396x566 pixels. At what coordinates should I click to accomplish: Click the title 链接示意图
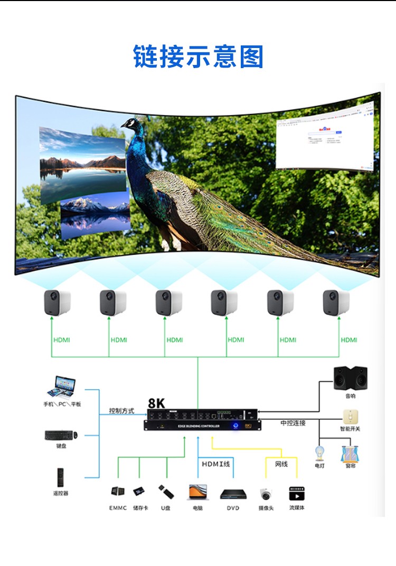198,57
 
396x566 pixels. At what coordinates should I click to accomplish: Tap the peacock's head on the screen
131,125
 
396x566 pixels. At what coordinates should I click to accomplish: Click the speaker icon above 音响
351,379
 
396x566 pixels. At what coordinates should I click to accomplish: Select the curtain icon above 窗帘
349,454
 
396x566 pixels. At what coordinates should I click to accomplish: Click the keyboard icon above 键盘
61,435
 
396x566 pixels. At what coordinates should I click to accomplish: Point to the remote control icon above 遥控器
61,477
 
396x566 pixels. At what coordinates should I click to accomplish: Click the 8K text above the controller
157,402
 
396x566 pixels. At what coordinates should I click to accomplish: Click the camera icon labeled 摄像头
266,494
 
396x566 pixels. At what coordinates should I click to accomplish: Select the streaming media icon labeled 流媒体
297,494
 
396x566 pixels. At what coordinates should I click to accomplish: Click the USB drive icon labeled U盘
166,492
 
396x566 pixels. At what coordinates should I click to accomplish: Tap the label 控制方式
121,411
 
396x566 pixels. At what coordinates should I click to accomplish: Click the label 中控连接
293,423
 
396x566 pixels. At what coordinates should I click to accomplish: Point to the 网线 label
281,464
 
